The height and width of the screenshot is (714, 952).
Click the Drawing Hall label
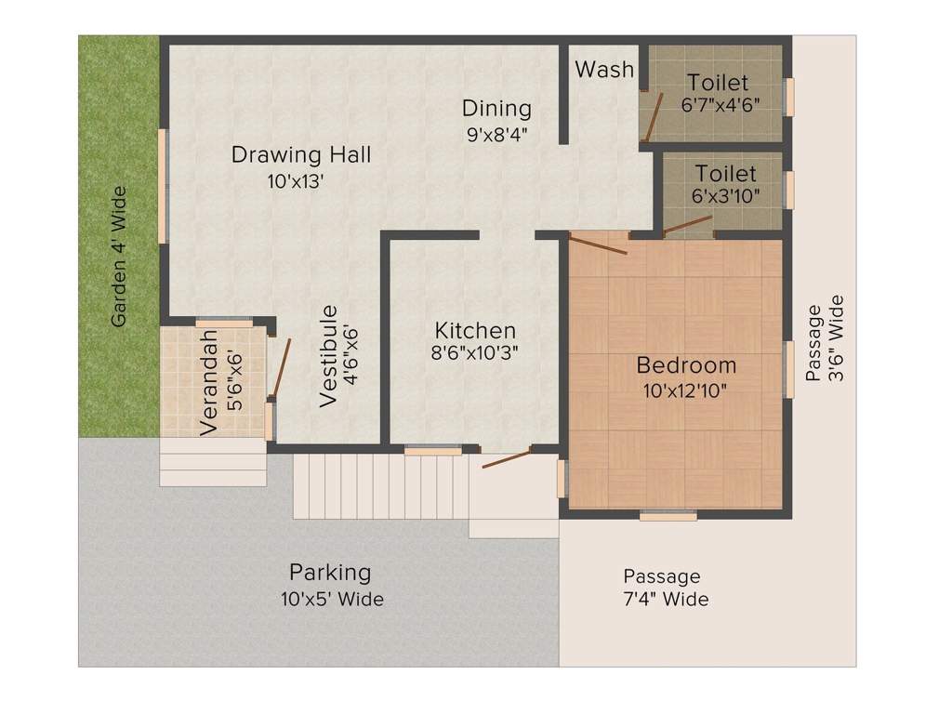pos(300,155)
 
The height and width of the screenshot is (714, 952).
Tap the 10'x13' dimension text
pos(295,181)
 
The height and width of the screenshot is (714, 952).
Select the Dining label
pos(496,108)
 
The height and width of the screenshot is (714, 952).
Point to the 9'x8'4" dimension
pos(496,134)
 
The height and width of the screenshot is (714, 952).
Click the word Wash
pos(604,69)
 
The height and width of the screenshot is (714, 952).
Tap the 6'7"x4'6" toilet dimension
pos(721,104)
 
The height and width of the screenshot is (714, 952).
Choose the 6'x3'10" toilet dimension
pos(725,195)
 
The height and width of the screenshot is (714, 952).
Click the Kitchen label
pos(475,330)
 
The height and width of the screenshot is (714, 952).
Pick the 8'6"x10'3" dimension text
pos(474,352)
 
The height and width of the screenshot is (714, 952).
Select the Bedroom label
pos(686,365)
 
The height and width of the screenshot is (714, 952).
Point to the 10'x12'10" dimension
pos(685,390)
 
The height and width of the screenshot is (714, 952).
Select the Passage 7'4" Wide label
pos(666,588)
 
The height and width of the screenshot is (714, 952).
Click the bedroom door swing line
pos(598,245)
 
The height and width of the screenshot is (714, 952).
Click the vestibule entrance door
pos(282,368)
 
